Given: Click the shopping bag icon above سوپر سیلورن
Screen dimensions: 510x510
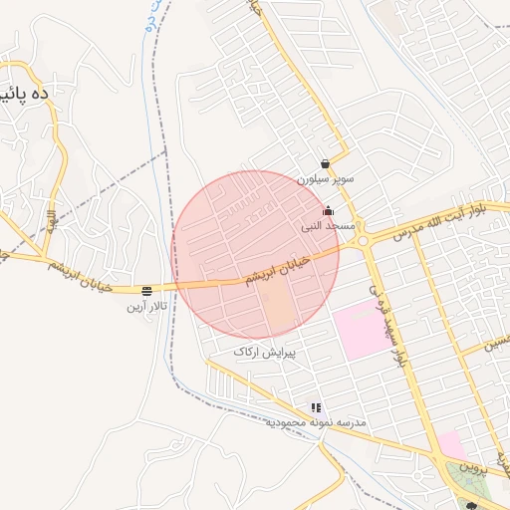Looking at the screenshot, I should [326, 164].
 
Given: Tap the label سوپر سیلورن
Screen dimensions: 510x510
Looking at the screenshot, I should [325, 180].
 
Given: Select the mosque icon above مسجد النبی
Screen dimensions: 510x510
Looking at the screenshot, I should [329, 211].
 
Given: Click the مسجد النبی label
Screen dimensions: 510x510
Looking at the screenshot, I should [329, 227].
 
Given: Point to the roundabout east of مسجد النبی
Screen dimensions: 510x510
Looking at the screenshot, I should [363, 240].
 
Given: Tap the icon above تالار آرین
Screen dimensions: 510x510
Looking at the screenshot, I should [147, 291].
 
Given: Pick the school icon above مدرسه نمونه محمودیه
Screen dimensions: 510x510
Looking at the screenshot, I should [316, 408].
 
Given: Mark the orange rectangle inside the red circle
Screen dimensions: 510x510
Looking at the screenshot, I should [280, 309].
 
